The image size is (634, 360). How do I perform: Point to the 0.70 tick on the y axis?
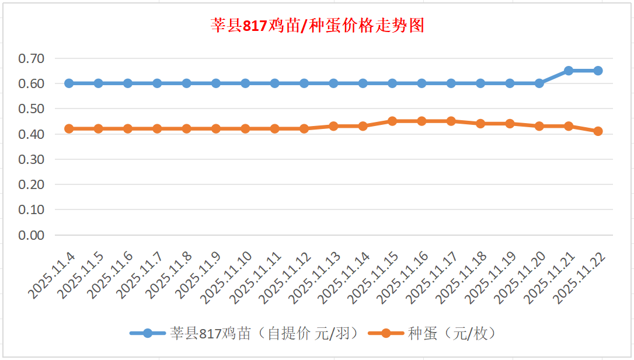coord(32,58)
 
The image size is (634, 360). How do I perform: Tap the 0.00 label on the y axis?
coord(32,235)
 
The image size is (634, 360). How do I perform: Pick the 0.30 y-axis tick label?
coord(32,159)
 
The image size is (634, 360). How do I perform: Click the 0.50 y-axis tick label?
coord(32,109)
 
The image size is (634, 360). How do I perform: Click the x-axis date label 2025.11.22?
coord(581,278)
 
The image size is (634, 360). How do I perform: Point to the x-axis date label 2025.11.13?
coord(318,278)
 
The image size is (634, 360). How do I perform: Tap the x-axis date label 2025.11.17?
coord(435,278)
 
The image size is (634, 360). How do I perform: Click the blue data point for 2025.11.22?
coord(598,71)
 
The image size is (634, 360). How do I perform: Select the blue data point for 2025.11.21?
coord(569,71)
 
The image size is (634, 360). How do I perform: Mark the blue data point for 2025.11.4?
coord(69,83)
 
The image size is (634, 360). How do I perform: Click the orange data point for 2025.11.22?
coord(598,131)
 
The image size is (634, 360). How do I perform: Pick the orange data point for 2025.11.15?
coord(392,121)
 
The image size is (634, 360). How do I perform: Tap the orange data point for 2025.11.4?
coord(69,128)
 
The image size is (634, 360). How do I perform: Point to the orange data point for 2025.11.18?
coord(480,124)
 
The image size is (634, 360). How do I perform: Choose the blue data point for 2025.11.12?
coord(304,83)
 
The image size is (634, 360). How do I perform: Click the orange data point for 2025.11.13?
coord(333,126)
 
